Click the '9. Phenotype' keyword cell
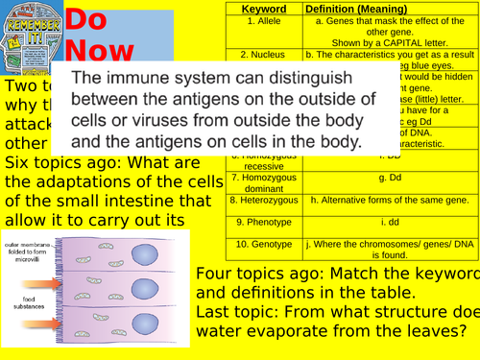263,222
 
